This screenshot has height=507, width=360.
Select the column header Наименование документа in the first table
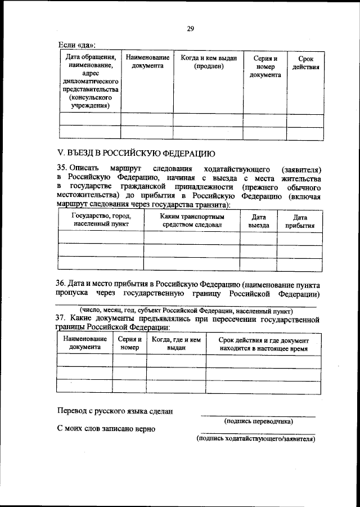coord(147,62)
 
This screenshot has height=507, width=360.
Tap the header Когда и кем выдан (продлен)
coord(208,62)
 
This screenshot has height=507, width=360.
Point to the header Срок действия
coord(305,62)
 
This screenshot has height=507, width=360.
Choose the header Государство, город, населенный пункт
coord(101,220)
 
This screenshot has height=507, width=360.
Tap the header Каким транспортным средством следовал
coord(192,220)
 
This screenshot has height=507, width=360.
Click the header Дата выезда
coord(259,221)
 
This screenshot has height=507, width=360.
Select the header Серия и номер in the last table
coord(129,344)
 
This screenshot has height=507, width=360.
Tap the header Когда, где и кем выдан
coord(176,344)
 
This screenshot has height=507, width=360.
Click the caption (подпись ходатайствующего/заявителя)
coord(255,439)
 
